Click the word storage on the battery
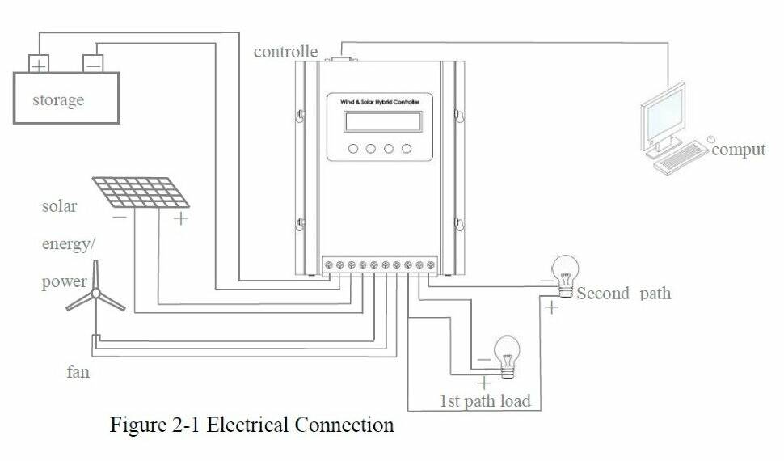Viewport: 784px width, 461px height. (57, 100)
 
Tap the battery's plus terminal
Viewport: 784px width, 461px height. (39, 62)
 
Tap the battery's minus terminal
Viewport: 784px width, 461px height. (93, 62)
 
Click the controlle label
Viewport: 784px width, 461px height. (285, 52)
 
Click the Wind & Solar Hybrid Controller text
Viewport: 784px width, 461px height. (379, 101)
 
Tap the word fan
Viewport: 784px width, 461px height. (78, 373)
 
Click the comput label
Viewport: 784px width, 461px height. (738, 150)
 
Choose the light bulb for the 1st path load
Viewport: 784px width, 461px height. (507, 353)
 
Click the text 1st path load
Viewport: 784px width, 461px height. (485, 400)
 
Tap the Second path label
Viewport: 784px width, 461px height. (623, 293)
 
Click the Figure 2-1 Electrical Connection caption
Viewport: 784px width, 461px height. (251, 425)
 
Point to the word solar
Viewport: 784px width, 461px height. (60, 206)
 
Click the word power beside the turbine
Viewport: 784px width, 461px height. (64, 282)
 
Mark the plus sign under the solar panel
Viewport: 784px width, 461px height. (180, 218)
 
